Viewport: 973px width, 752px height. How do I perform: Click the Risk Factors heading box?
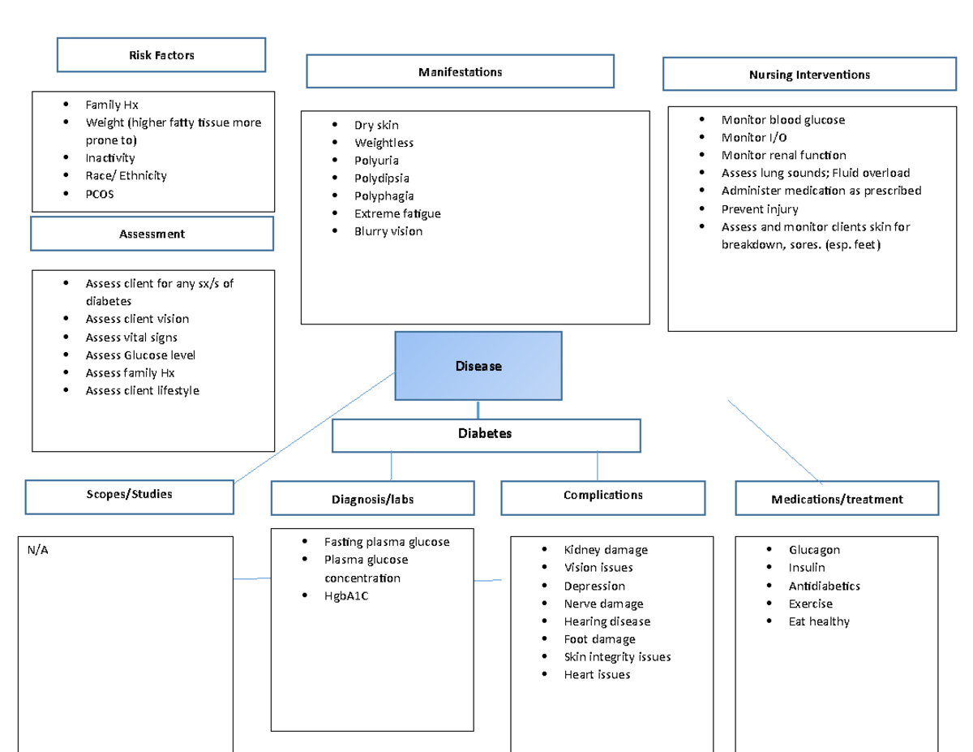(161, 55)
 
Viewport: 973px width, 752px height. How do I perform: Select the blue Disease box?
(478, 366)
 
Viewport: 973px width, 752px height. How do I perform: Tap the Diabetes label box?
(486, 434)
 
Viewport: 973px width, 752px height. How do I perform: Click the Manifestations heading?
(460, 72)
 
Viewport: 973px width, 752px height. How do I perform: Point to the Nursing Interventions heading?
(809, 75)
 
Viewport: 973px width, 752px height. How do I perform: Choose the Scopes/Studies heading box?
(130, 494)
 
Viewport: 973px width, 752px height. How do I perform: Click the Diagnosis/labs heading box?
(372, 499)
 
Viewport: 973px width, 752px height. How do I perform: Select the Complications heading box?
(602, 496)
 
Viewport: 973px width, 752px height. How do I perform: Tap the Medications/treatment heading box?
(837, 499)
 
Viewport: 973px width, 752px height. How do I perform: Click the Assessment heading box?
(152, 234)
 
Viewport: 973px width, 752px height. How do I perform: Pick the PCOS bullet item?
(100, 194)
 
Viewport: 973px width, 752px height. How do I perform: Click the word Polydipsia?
(381, 178)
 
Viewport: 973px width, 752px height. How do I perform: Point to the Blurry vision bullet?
(388, 231)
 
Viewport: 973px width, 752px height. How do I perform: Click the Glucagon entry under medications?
(814, 550)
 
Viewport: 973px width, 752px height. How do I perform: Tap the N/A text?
(36, 550)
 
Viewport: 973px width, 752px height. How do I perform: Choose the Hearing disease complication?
(607, 621)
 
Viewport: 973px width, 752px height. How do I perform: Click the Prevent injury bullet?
(760, 209)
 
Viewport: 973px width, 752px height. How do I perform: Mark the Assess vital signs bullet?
(131, 337)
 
